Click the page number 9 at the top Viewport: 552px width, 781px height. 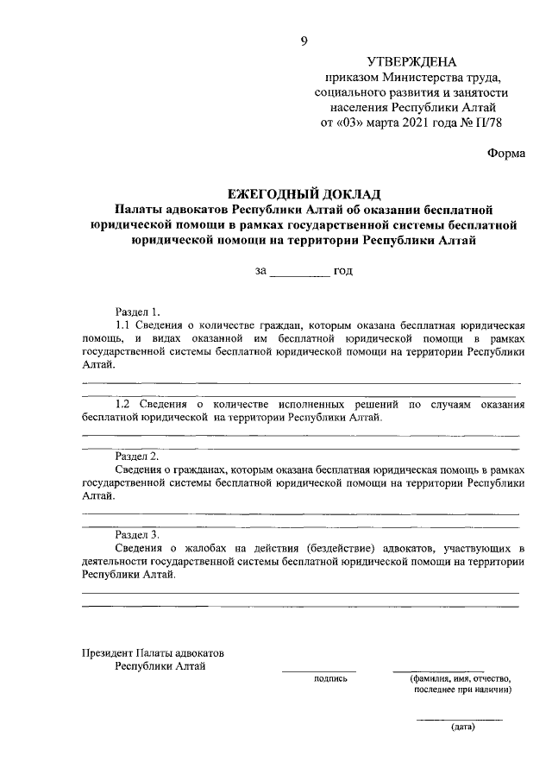click(x=304, y=41)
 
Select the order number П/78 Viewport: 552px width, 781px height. click(x=486, y=123)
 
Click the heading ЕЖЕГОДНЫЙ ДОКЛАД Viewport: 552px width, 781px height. click(x=303, y=193)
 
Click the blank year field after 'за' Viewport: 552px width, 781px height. click(x=299, y=271)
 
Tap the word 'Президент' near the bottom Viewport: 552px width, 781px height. click(x=107, y=652)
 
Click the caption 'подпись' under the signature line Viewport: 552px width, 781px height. click(x=331, y=678)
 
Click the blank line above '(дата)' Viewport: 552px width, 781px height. click(x=460, y=719)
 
